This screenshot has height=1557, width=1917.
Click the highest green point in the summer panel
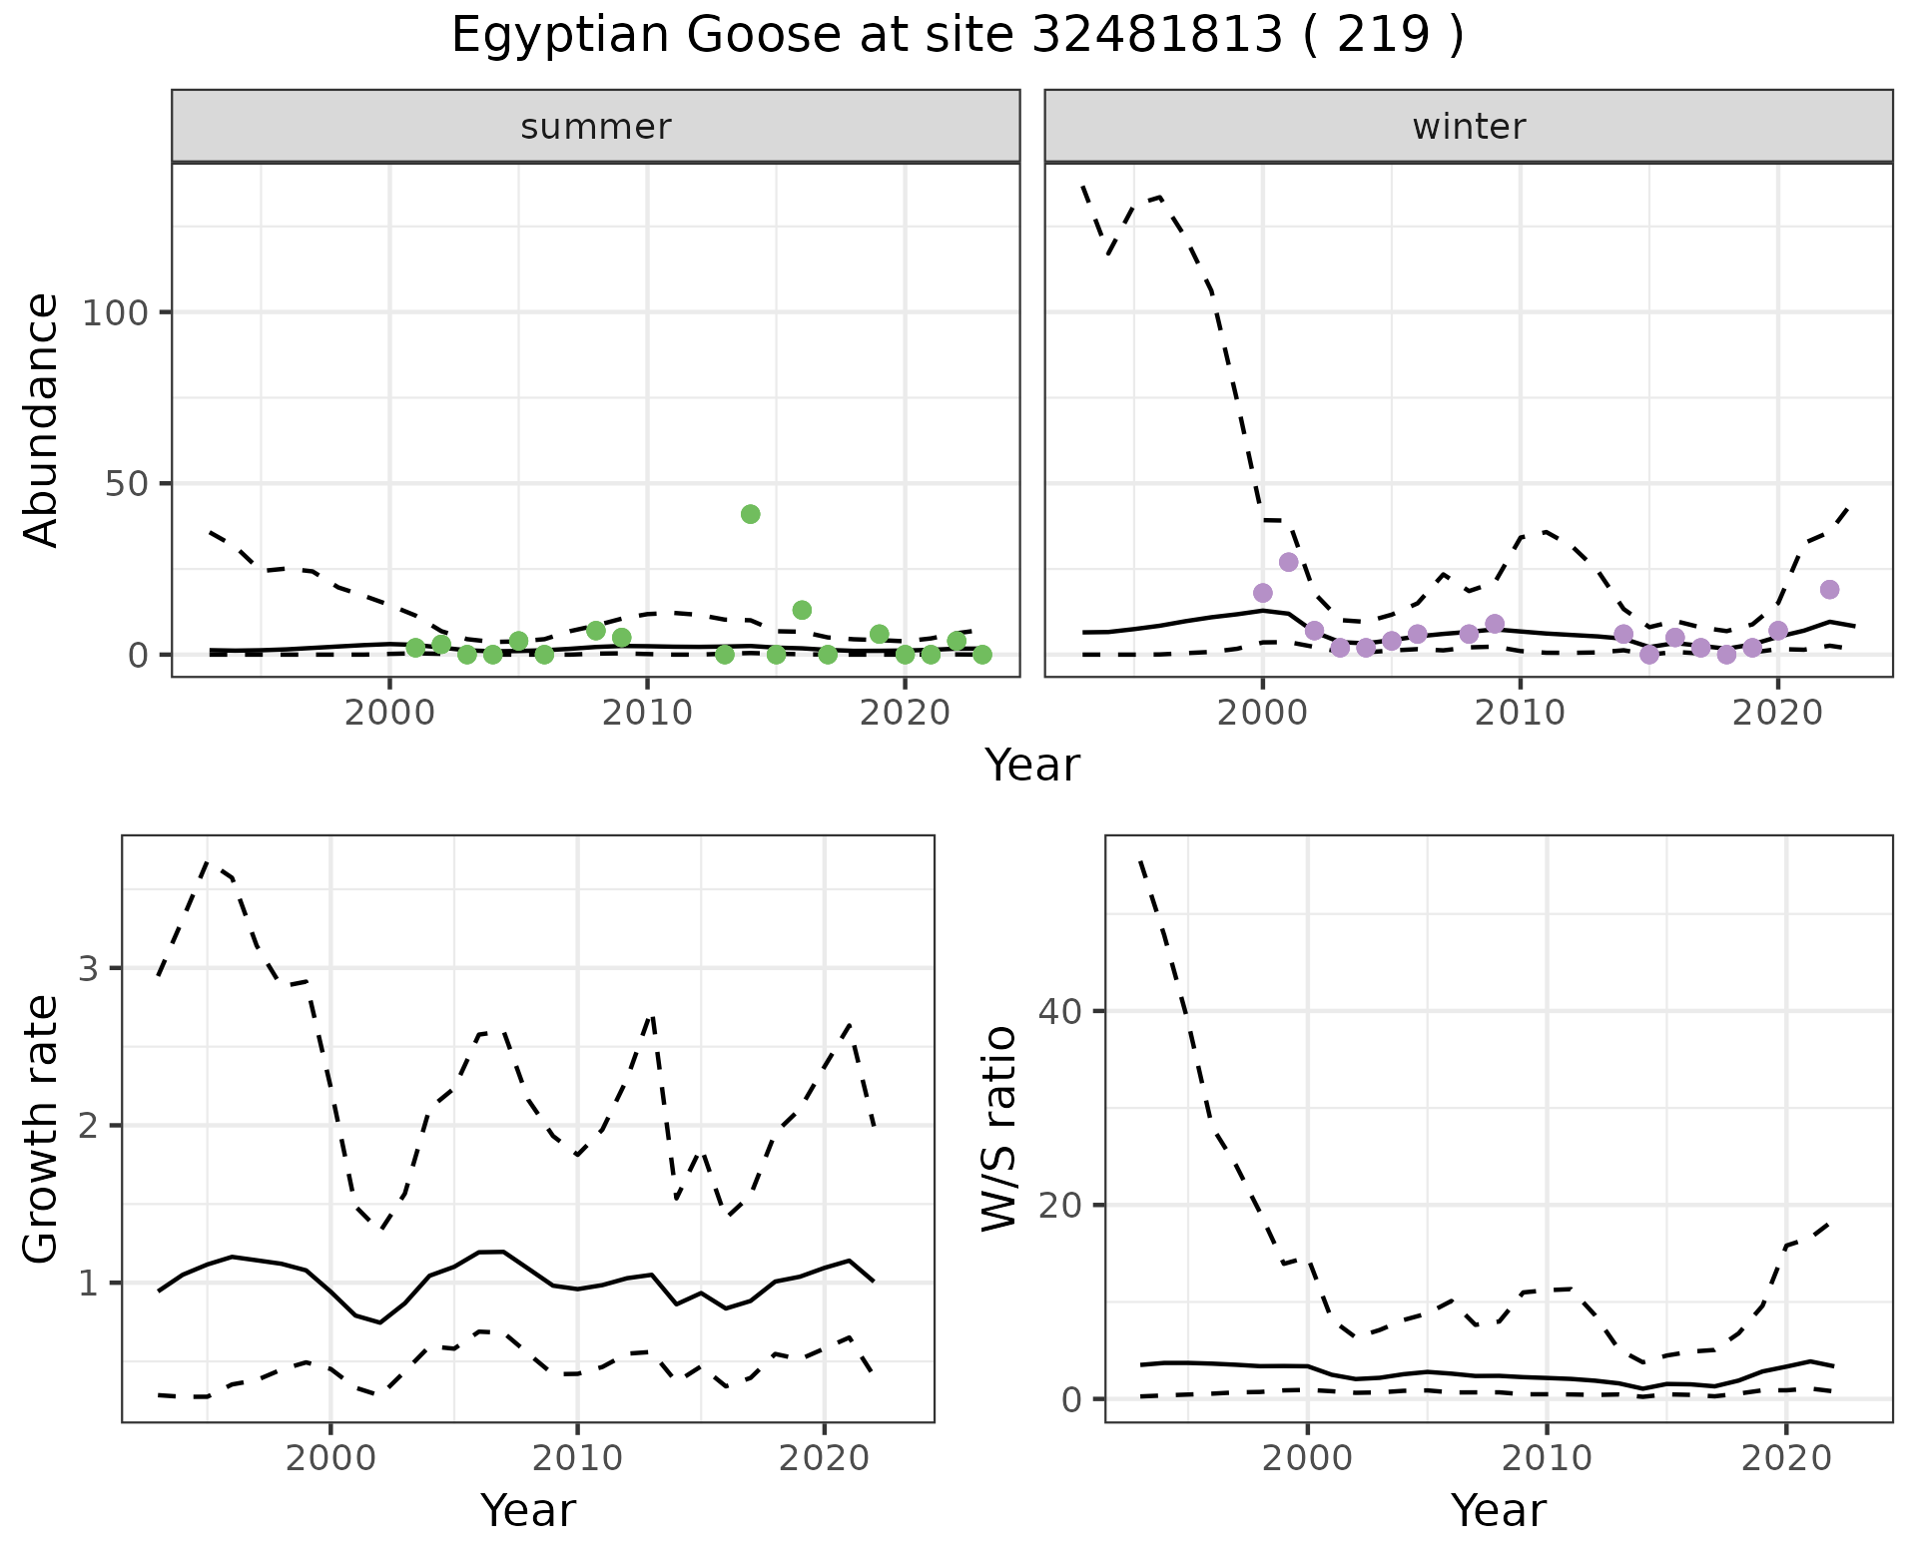[x=751, y=514]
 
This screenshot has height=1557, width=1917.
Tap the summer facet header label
[x=596, y=127]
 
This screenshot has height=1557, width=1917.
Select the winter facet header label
[x=1469, y=127]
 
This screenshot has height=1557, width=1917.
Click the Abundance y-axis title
[x=42, y=420]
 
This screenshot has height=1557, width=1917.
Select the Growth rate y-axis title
[x=42, y=1129]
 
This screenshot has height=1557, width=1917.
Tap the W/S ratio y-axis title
[x=999, y=1129]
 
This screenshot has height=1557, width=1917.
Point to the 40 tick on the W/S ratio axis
[x=1060, y=1012]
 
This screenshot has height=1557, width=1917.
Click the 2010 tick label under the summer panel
[x=647, y=714]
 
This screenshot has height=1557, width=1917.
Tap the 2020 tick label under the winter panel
[x=1777, y=714]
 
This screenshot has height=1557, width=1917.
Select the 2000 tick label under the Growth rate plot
[x=330, y=1458]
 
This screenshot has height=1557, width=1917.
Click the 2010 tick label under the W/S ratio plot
[x=1547, y=1458]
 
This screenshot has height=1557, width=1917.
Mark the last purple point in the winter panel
[x=1829, y=590]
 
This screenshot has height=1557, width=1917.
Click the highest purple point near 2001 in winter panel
[x=1288, y=562]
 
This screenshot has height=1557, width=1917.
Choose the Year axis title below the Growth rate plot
[x=528, y=1511]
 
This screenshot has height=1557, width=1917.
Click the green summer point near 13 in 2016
[x=802, y=610]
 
